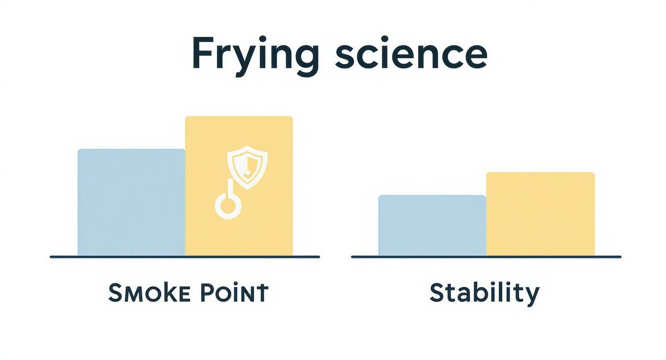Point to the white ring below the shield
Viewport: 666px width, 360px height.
click(x=228, y=206)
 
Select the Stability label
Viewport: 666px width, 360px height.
click(x=484, y=293)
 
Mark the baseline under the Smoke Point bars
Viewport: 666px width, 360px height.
click(x=185, y=257)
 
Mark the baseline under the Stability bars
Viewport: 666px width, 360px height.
click(x=486, y=257)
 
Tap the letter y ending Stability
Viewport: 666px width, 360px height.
click(x=533, y=296)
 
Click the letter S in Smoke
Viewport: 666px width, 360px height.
click(x=115, y=293)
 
